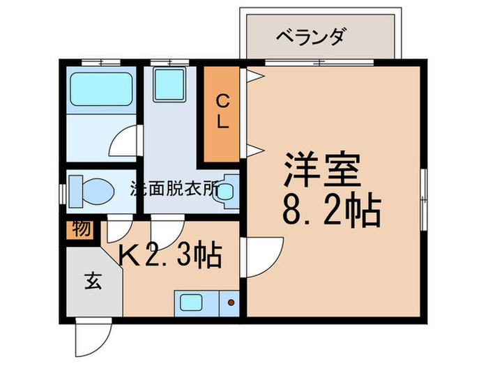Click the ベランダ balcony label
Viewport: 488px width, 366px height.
310,36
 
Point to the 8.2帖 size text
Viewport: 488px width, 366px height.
331,209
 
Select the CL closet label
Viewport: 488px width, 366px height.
222,111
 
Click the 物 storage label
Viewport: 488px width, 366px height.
82,228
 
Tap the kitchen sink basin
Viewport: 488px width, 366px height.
190,303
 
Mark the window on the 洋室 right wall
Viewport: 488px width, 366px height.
425,188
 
